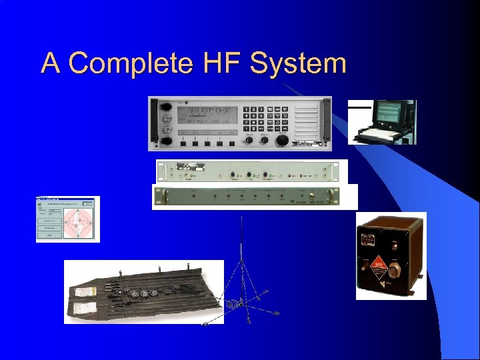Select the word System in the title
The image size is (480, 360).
pyautogui.click(x=297, y=64)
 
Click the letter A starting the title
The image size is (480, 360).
pyautogui.click(x=50, y=64)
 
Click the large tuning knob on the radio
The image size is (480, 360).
pyautogui.click(x=283, y=140)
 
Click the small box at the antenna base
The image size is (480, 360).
pyautogui.click(x=234, y=304)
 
